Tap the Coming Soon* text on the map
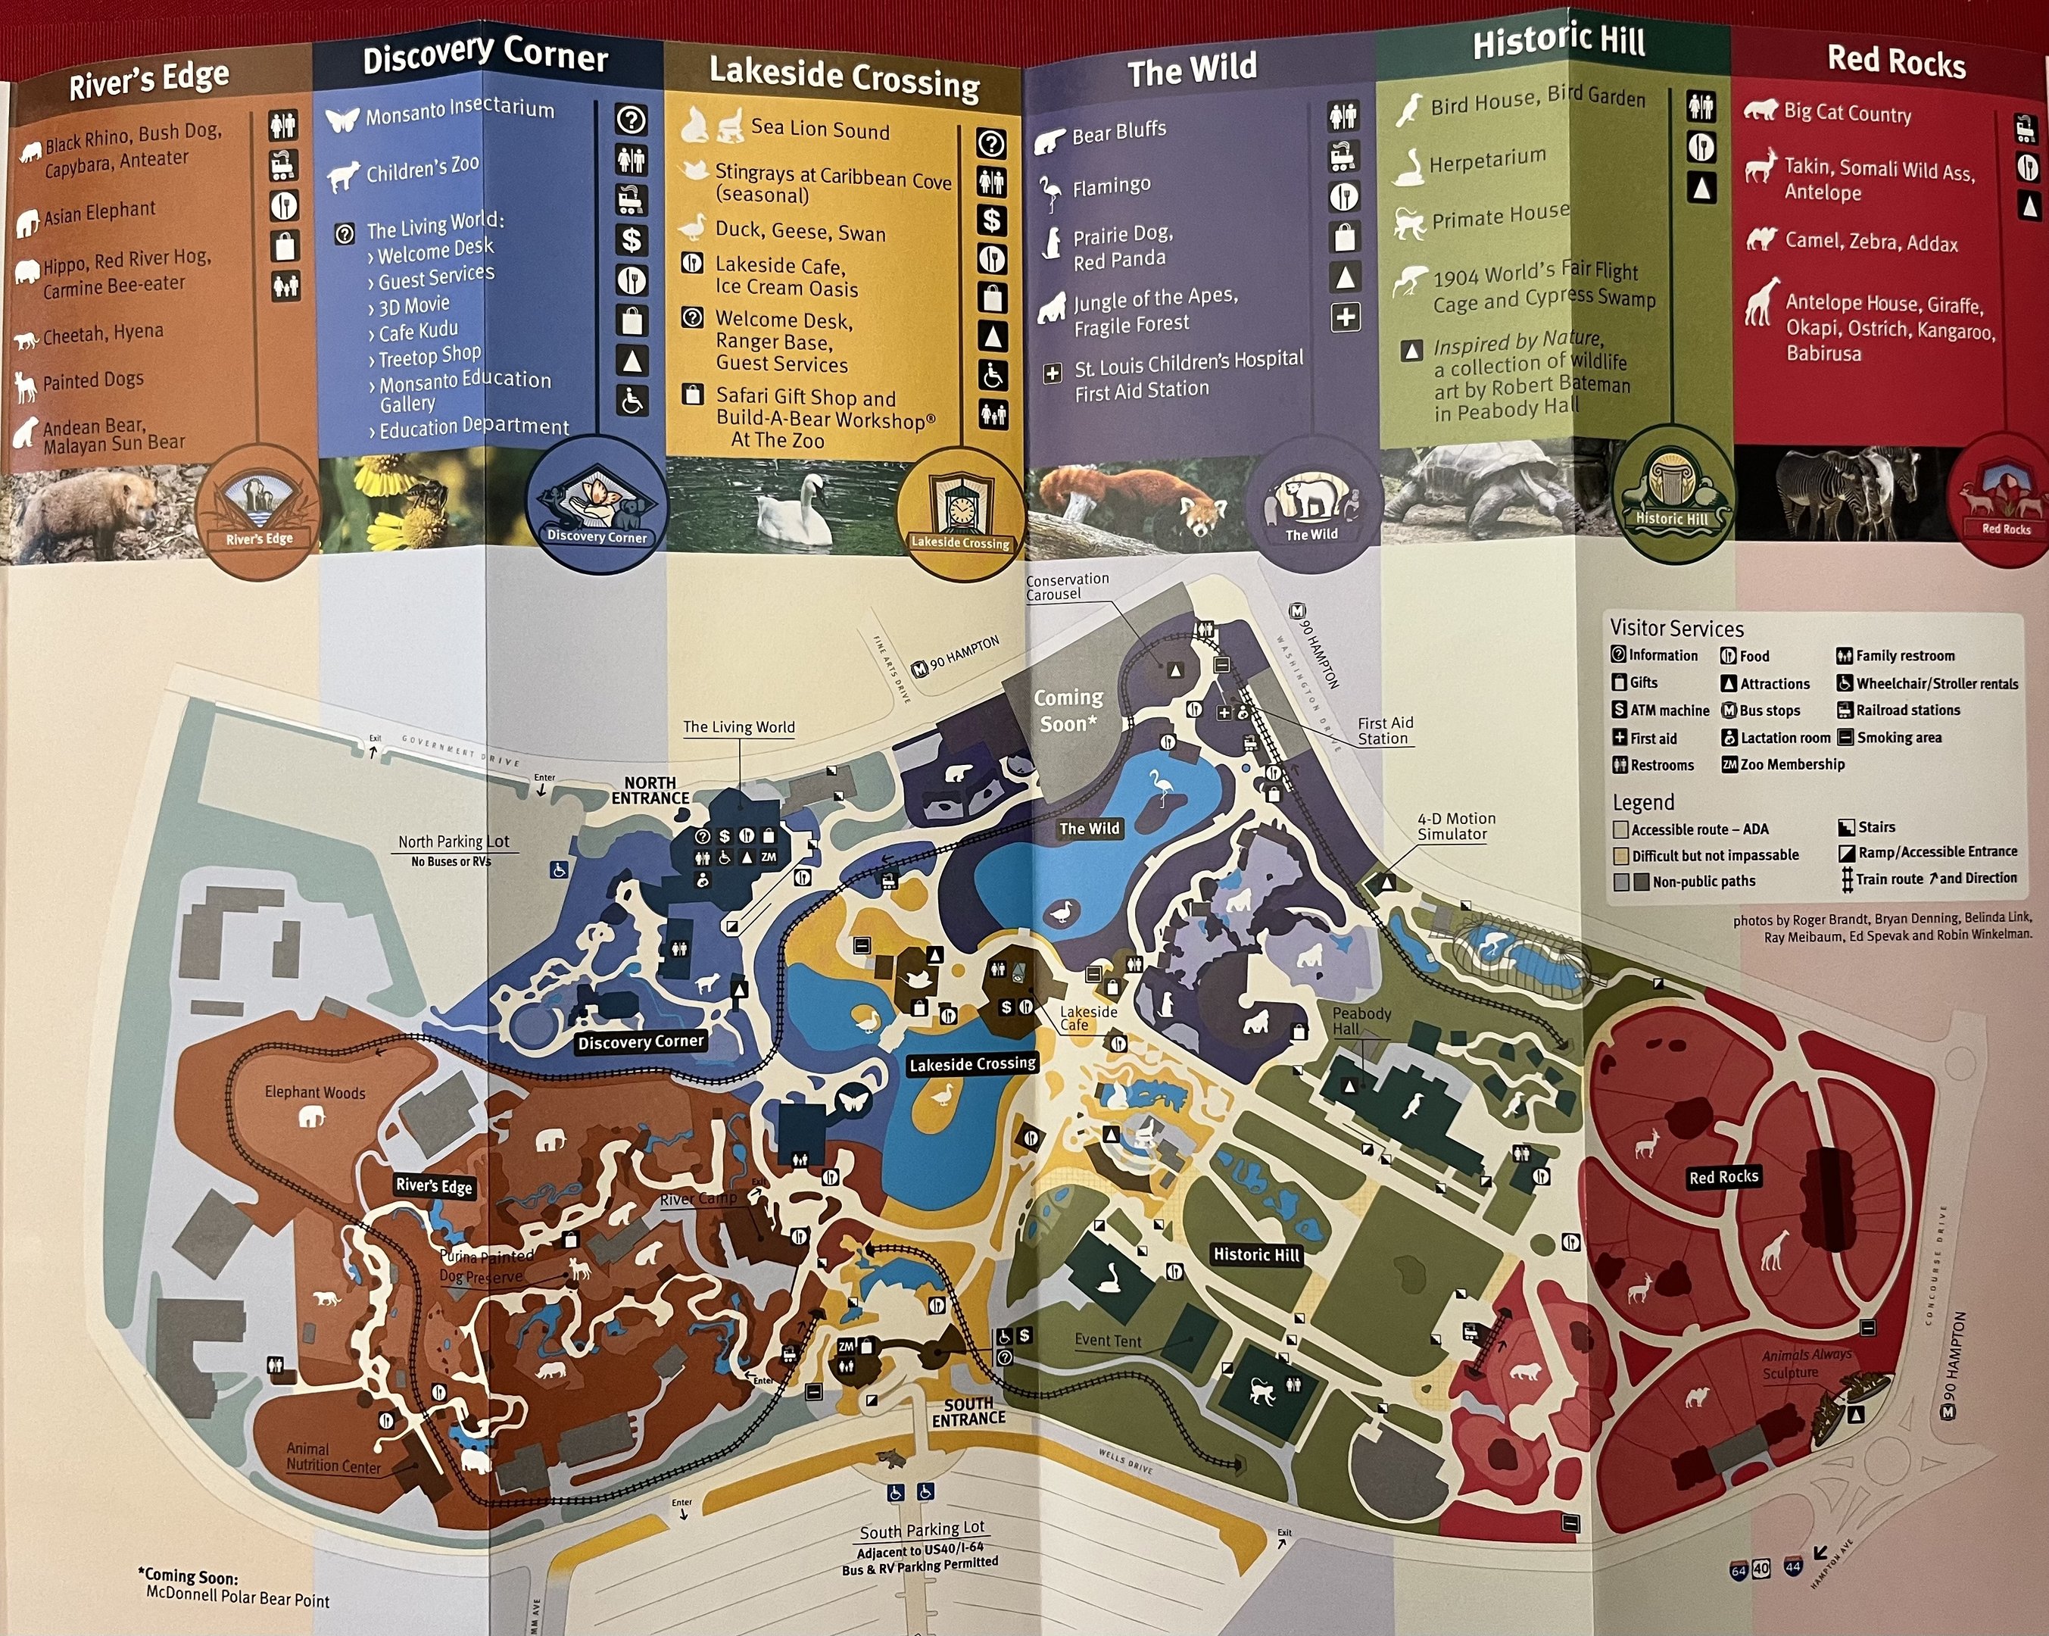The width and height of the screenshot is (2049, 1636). [x=1068, y=710]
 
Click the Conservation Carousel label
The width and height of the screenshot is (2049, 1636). [x=1066, y=586]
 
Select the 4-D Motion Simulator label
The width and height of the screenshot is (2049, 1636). [x=1456, y=826]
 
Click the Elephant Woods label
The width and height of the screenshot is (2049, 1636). [x=314, y=1093]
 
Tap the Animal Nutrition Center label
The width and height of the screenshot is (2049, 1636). [x=332, y=1457]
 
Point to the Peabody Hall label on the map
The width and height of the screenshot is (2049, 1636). [x=1360, y=1020]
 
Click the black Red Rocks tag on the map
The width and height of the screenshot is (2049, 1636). [x=1723, y=1177]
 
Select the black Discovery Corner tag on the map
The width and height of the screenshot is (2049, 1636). [x=641, y=1042]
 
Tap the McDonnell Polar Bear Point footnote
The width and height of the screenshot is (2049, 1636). [x=237, y=1599]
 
